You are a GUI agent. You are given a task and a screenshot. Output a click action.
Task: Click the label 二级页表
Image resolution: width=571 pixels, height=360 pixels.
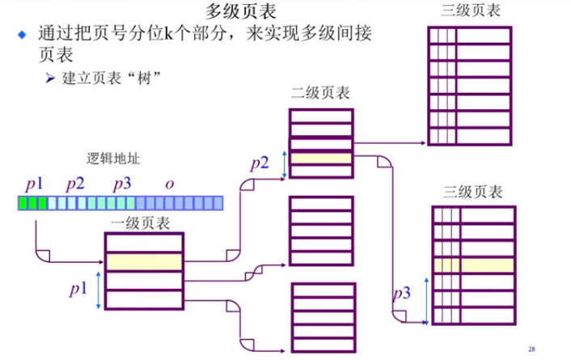(x=320, y=94)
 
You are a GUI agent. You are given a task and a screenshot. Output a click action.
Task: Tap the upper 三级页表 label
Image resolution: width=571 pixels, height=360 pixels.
(x=472, y=11)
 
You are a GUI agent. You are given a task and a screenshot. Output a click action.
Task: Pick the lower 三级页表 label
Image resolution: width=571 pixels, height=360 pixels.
(x=474, y=193)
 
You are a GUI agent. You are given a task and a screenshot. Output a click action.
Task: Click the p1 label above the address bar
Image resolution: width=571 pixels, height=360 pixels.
(x=34, y=183)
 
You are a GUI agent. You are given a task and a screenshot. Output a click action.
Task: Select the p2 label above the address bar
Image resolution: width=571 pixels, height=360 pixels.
(x=75, y=183)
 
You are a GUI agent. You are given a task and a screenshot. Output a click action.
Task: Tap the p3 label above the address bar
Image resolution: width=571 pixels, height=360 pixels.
(x=121, y=183)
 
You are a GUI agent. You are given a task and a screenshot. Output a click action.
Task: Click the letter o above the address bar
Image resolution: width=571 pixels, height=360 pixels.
(x=169, y=184)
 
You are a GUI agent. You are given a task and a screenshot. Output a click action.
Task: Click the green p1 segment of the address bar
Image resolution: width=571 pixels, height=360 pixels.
(x=32, y=202)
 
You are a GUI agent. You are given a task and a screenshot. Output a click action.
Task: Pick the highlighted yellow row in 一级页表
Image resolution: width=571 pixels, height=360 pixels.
(x=145, y=262)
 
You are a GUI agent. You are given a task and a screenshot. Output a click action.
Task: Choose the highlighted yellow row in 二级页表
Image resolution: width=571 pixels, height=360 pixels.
(x=321, y=159)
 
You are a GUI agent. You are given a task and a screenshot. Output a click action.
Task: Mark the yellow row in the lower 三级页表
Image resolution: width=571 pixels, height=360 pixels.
(x=474, y=265)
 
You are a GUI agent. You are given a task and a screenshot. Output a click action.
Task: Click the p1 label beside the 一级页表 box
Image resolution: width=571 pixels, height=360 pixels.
(x=78, y=288)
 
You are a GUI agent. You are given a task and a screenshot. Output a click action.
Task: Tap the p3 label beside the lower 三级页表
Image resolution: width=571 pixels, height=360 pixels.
(x=402, y=293)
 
